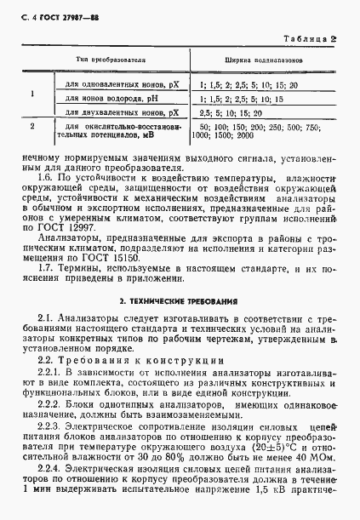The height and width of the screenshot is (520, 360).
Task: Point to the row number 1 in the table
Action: pyautogui.click(x=32, y=96)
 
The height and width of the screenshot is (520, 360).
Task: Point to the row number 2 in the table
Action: pyautogui.click(x=32, y=127)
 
